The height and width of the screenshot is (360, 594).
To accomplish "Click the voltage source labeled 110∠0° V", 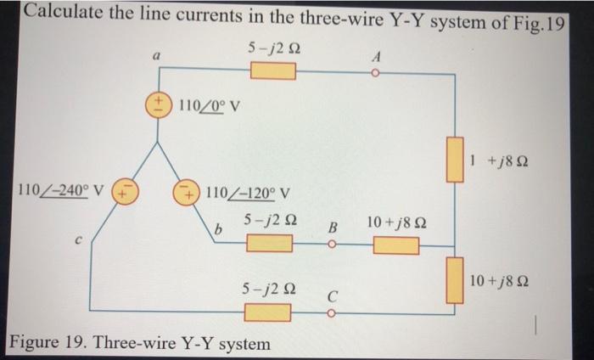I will (160, 106).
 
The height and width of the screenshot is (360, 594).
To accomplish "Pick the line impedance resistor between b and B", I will (269, 245).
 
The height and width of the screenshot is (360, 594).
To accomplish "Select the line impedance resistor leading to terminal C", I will (269, 312).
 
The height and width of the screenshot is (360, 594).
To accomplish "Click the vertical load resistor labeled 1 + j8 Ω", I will (457, 159).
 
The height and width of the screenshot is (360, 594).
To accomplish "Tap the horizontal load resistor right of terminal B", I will (395, 245).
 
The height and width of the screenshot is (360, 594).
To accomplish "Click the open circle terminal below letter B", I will (333, 245).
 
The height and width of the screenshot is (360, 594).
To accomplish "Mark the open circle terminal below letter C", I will (333, 312).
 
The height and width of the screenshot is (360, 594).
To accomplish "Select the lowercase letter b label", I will (218, 230).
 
